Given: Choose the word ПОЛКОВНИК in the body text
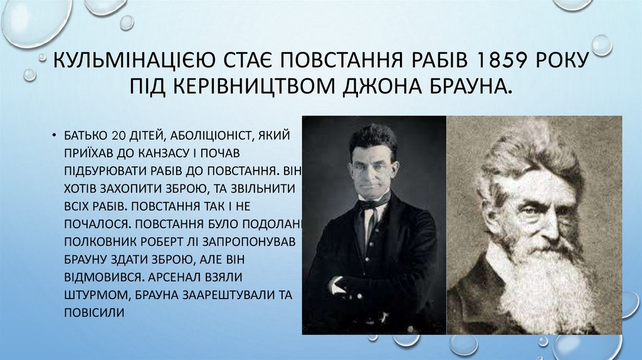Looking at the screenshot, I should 98,241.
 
